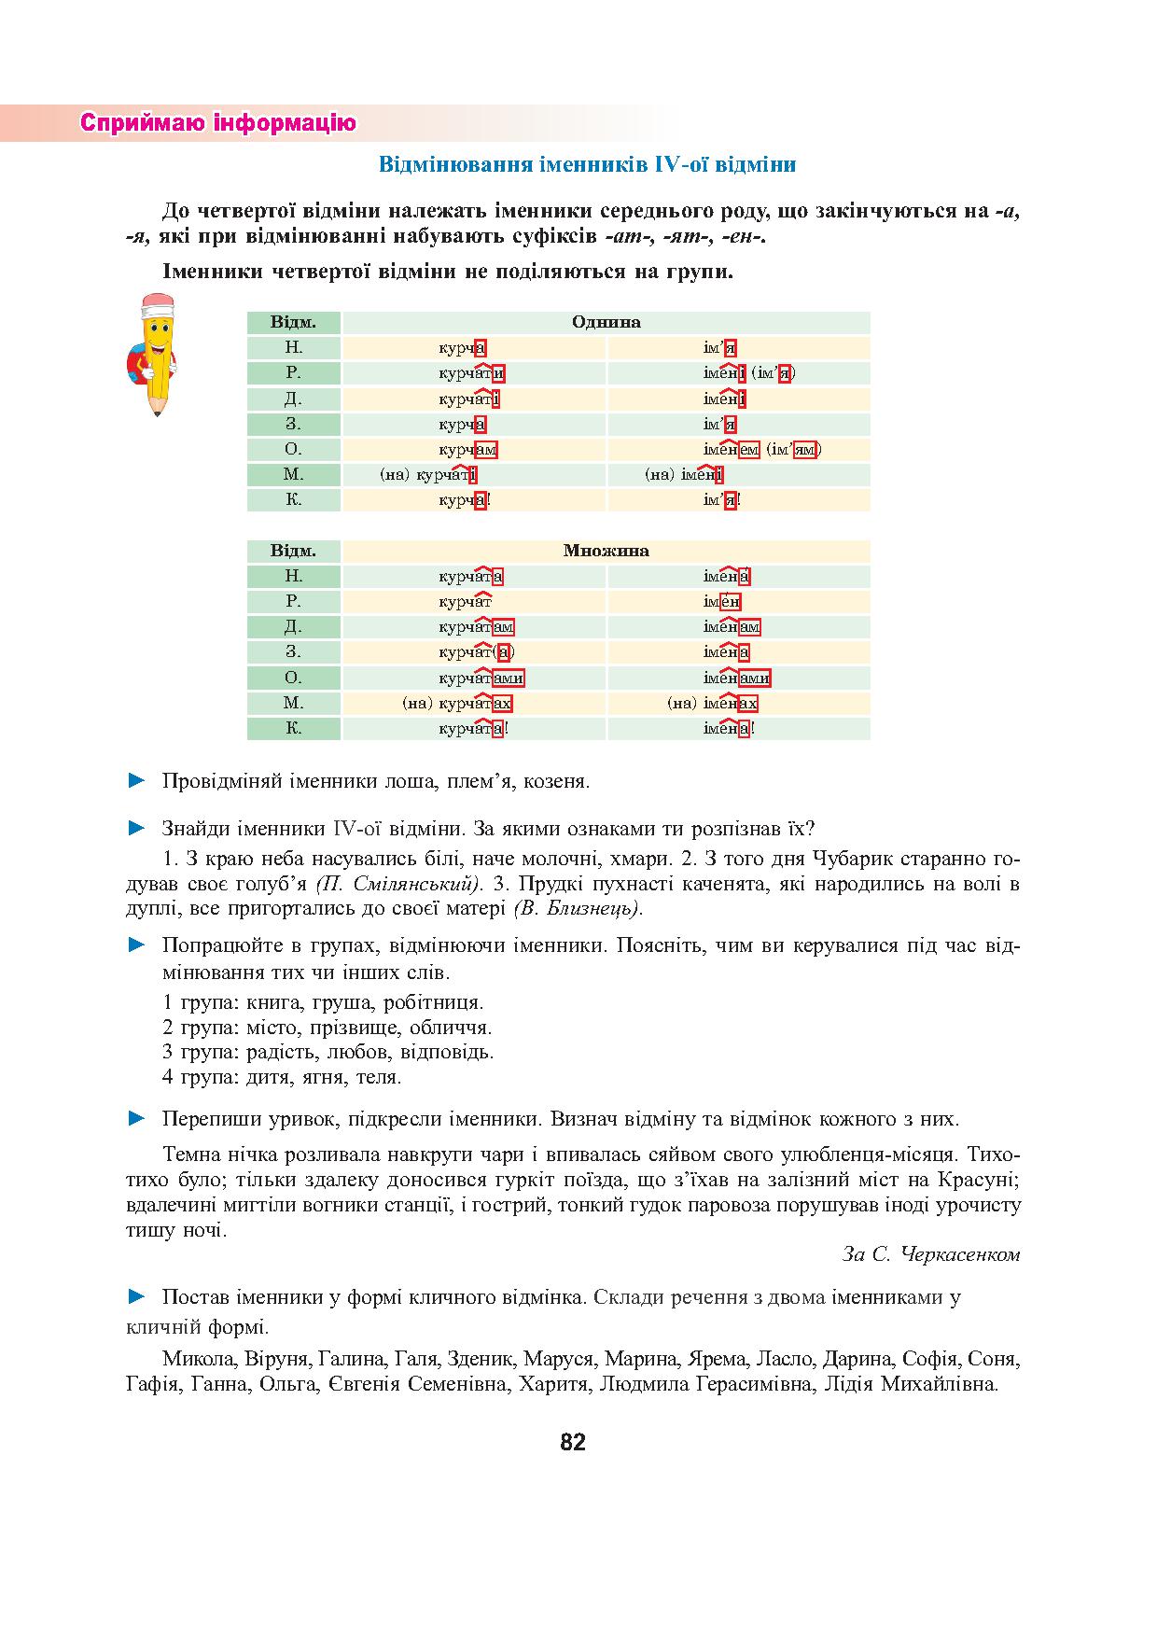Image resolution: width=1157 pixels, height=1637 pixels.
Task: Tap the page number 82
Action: coord(573,1442)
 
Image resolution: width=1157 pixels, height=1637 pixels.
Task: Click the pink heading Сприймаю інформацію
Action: coord(218,123)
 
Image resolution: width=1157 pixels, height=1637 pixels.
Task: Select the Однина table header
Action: coord(606,323)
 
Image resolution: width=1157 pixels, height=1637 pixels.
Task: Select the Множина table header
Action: coord(606,551)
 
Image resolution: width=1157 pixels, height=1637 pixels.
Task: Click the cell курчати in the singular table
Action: coord(472,373)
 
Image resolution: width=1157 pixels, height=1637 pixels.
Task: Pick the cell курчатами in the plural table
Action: coord(481,678)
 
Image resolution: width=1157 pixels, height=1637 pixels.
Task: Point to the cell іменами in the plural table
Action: coord(736,678)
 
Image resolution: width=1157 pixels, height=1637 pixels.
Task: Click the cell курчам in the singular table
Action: coord(467,449)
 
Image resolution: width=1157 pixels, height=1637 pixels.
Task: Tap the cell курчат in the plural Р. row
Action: coord(465,602)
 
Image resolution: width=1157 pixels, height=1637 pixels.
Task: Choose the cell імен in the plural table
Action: coord(722,602)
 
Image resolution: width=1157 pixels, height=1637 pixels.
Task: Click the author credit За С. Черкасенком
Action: coord(930,1254)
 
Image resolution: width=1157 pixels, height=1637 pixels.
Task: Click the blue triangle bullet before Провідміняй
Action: coord(137,780)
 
